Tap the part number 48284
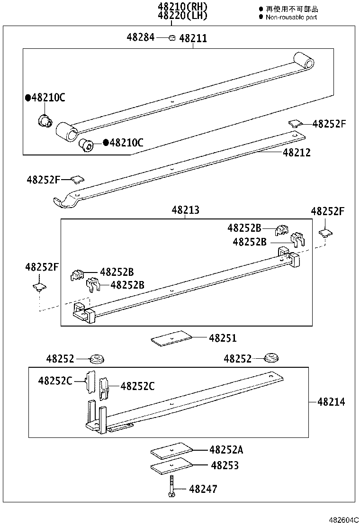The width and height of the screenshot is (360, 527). pos(140,37)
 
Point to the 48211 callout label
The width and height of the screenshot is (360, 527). pos(193,38)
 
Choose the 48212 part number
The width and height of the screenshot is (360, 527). pos(297,153)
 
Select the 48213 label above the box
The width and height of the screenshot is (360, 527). pos(185,210)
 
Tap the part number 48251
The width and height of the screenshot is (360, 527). pos(223,338)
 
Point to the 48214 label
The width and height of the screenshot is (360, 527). pos(331,402)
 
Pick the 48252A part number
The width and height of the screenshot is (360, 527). pos(226,449)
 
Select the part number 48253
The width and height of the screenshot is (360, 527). pos(225,465)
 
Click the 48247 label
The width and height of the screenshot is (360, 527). pos(203,489)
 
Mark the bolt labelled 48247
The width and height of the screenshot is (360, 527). pos(171,488)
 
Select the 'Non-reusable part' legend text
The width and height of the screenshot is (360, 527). pos(291,17)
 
